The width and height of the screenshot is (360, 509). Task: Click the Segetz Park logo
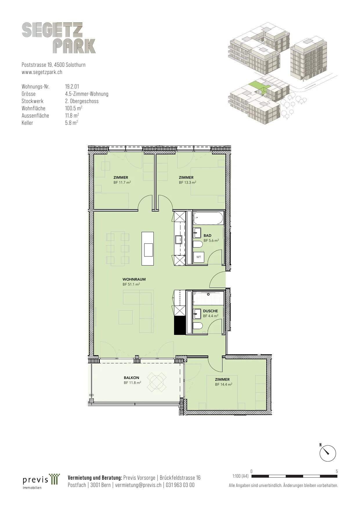coord(59,38)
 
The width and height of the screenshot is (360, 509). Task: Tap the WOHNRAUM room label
coord(134,279)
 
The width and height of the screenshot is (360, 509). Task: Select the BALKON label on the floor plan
coord(131,378)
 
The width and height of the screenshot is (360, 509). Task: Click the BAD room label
coord(207,236)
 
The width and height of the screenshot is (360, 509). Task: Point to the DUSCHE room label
coord(210,311)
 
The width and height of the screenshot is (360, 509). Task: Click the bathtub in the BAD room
coord(208,218)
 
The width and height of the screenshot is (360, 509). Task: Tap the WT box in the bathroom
coord(199,257)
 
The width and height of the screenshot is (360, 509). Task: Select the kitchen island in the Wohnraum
coord(148,248)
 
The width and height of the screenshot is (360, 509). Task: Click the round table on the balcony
coord(157,382)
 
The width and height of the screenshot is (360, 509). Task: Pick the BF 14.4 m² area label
coord(223,385)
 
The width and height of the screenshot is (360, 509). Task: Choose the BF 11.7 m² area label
coord(122,183)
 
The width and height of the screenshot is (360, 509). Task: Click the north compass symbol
coord(328,453)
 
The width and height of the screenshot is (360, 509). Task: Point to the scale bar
coord(294,476)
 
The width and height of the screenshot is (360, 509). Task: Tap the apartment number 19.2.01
coord(72,86)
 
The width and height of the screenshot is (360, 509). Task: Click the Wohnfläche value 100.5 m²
coord(74,108)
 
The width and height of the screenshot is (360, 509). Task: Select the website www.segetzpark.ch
coord(42,72)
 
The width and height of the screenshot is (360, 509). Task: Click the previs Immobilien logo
coord(41,481)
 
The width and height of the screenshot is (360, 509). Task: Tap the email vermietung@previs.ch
coord(138,485)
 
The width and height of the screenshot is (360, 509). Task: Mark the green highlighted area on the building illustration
coord(258,86)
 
